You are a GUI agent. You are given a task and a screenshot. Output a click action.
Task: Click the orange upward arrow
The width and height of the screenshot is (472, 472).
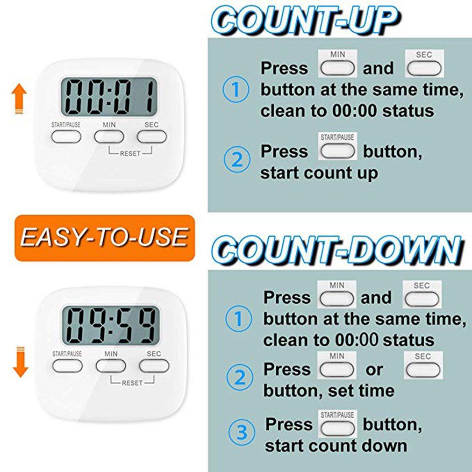pos(19,99)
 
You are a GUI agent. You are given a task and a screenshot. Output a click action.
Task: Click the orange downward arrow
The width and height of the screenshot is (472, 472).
pos(21,362)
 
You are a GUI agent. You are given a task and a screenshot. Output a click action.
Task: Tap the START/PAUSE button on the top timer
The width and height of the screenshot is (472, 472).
pos(66,136)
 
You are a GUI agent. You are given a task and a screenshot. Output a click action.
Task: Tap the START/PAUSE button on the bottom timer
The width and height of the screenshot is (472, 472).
pos(67,366)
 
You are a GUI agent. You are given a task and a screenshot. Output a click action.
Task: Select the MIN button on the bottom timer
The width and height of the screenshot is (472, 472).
pos(111,366)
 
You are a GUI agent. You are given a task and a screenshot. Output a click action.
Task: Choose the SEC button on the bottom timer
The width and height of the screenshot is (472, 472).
pos(154,366)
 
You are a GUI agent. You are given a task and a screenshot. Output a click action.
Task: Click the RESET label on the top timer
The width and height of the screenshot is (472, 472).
pos(130,154)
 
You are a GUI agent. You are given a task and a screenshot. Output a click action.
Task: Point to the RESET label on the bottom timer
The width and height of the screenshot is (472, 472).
pos(132,383)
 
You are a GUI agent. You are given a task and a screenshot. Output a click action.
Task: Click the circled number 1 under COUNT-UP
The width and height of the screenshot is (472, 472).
pos(236,89)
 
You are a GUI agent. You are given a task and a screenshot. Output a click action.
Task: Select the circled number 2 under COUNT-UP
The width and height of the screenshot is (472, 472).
pos(237,159)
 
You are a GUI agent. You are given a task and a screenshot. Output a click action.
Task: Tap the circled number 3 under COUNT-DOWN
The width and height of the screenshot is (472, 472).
pos(242,432)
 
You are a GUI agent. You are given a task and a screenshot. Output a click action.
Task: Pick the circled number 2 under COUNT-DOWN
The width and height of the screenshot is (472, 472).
pos(240,377)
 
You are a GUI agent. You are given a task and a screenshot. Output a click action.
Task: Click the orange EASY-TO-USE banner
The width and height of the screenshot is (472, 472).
pos(105,238)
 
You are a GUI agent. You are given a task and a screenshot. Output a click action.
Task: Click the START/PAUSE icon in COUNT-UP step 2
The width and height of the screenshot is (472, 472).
pos(337,146)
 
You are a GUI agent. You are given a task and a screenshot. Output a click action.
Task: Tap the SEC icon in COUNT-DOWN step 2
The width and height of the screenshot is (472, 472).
pos(423,365)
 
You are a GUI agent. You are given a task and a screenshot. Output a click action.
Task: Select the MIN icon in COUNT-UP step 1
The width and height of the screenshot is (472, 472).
pos(337,64)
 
